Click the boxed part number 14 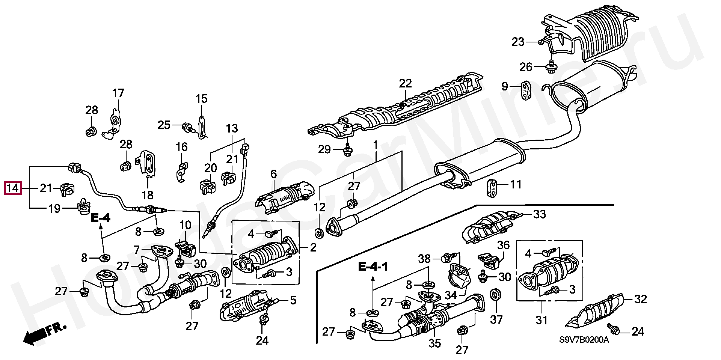[13, 188]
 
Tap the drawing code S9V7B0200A [584, 340]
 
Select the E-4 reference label [101, 218]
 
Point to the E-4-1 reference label [373, 268]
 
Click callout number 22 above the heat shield [406, 84]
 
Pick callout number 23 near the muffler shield [518, 42]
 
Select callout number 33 [540, 215]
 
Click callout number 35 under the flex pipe [434, 343]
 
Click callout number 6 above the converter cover [273, 174]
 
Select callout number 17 [118, 93]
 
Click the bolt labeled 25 [187, 127]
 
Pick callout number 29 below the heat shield [324, 149]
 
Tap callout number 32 [641, 299]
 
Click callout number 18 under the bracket [147, 195]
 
